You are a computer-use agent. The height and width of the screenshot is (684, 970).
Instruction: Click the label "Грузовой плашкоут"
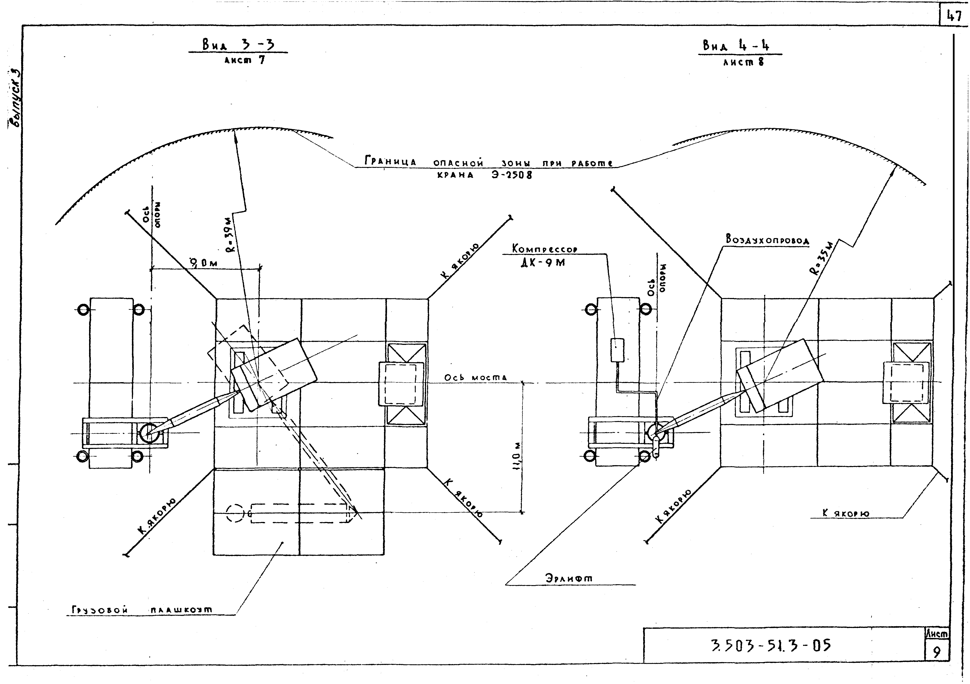click(x=142, y=610)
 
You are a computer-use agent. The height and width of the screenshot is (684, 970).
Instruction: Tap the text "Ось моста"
click(x=475, y=377)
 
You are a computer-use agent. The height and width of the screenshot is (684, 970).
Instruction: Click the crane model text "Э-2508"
click(x=511, y=174)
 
